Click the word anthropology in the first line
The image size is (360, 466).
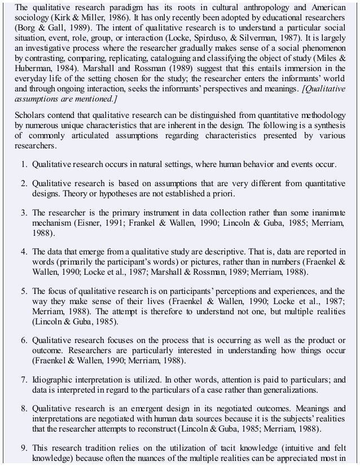263,7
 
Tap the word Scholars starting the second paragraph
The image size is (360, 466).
30,115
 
